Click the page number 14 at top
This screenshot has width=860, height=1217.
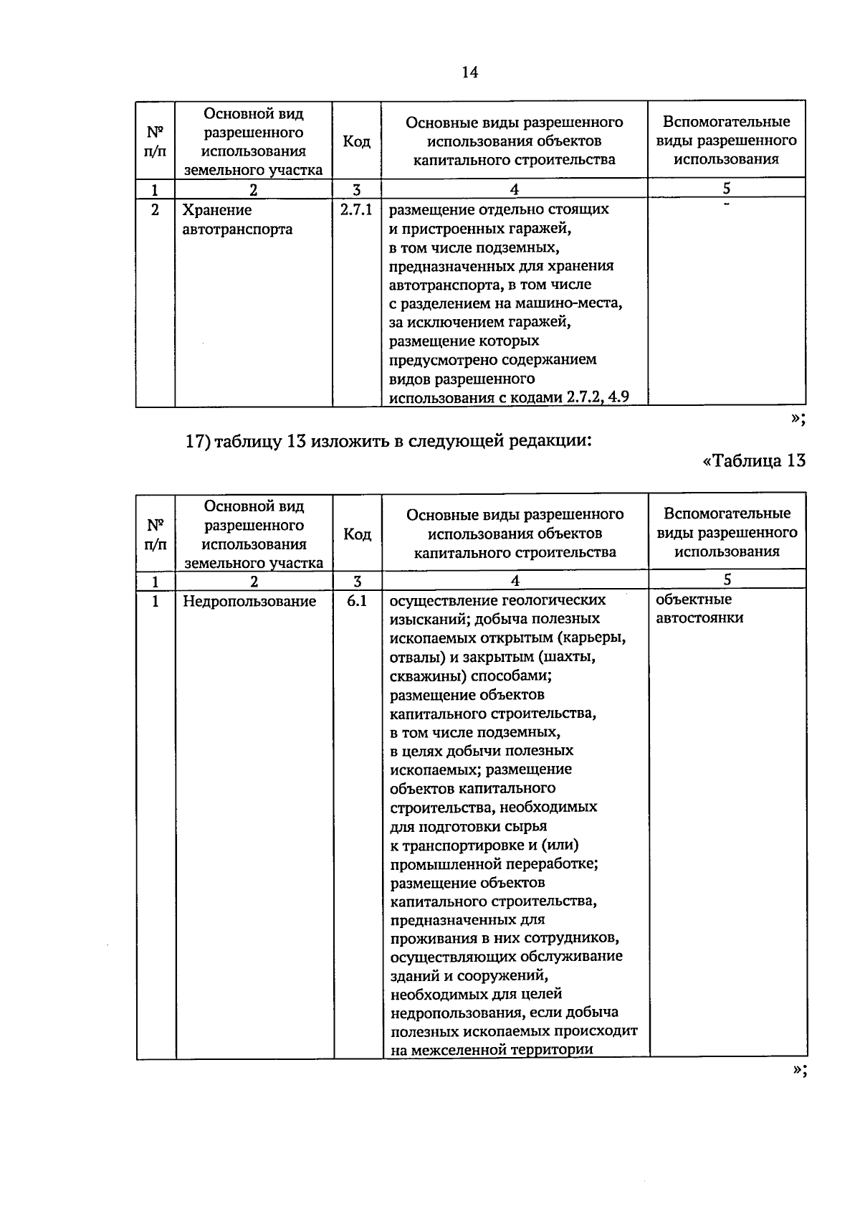click(x=470, y=72)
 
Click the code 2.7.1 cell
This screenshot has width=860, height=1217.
click(x=356, y=210)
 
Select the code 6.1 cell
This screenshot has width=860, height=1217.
click(x=357, y=601)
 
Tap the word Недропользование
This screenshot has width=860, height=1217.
click(x=249, y=602)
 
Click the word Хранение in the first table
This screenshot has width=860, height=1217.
click(x=217, y=210)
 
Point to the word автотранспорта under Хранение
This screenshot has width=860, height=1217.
click(x=237, y=229)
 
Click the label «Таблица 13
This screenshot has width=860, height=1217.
click(x=754, y=460)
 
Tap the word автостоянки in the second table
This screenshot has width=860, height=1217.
click(x=699, y=618)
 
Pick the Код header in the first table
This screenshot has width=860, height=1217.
click(x=356, y=141)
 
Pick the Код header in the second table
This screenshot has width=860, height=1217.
click(x=357, y=534)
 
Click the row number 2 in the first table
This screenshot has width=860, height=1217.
click(x=155, y=210)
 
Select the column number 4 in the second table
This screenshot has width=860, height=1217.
click(x=515, y=581)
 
